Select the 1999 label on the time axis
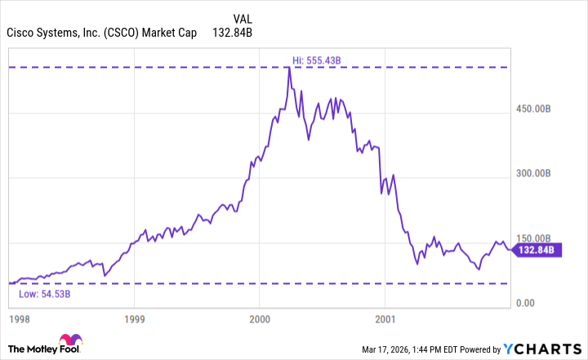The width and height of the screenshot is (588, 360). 136,318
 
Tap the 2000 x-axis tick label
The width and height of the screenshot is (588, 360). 260,318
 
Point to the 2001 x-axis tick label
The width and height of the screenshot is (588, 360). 385,318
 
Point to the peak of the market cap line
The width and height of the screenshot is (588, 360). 289,67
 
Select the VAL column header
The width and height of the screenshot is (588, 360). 243,17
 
